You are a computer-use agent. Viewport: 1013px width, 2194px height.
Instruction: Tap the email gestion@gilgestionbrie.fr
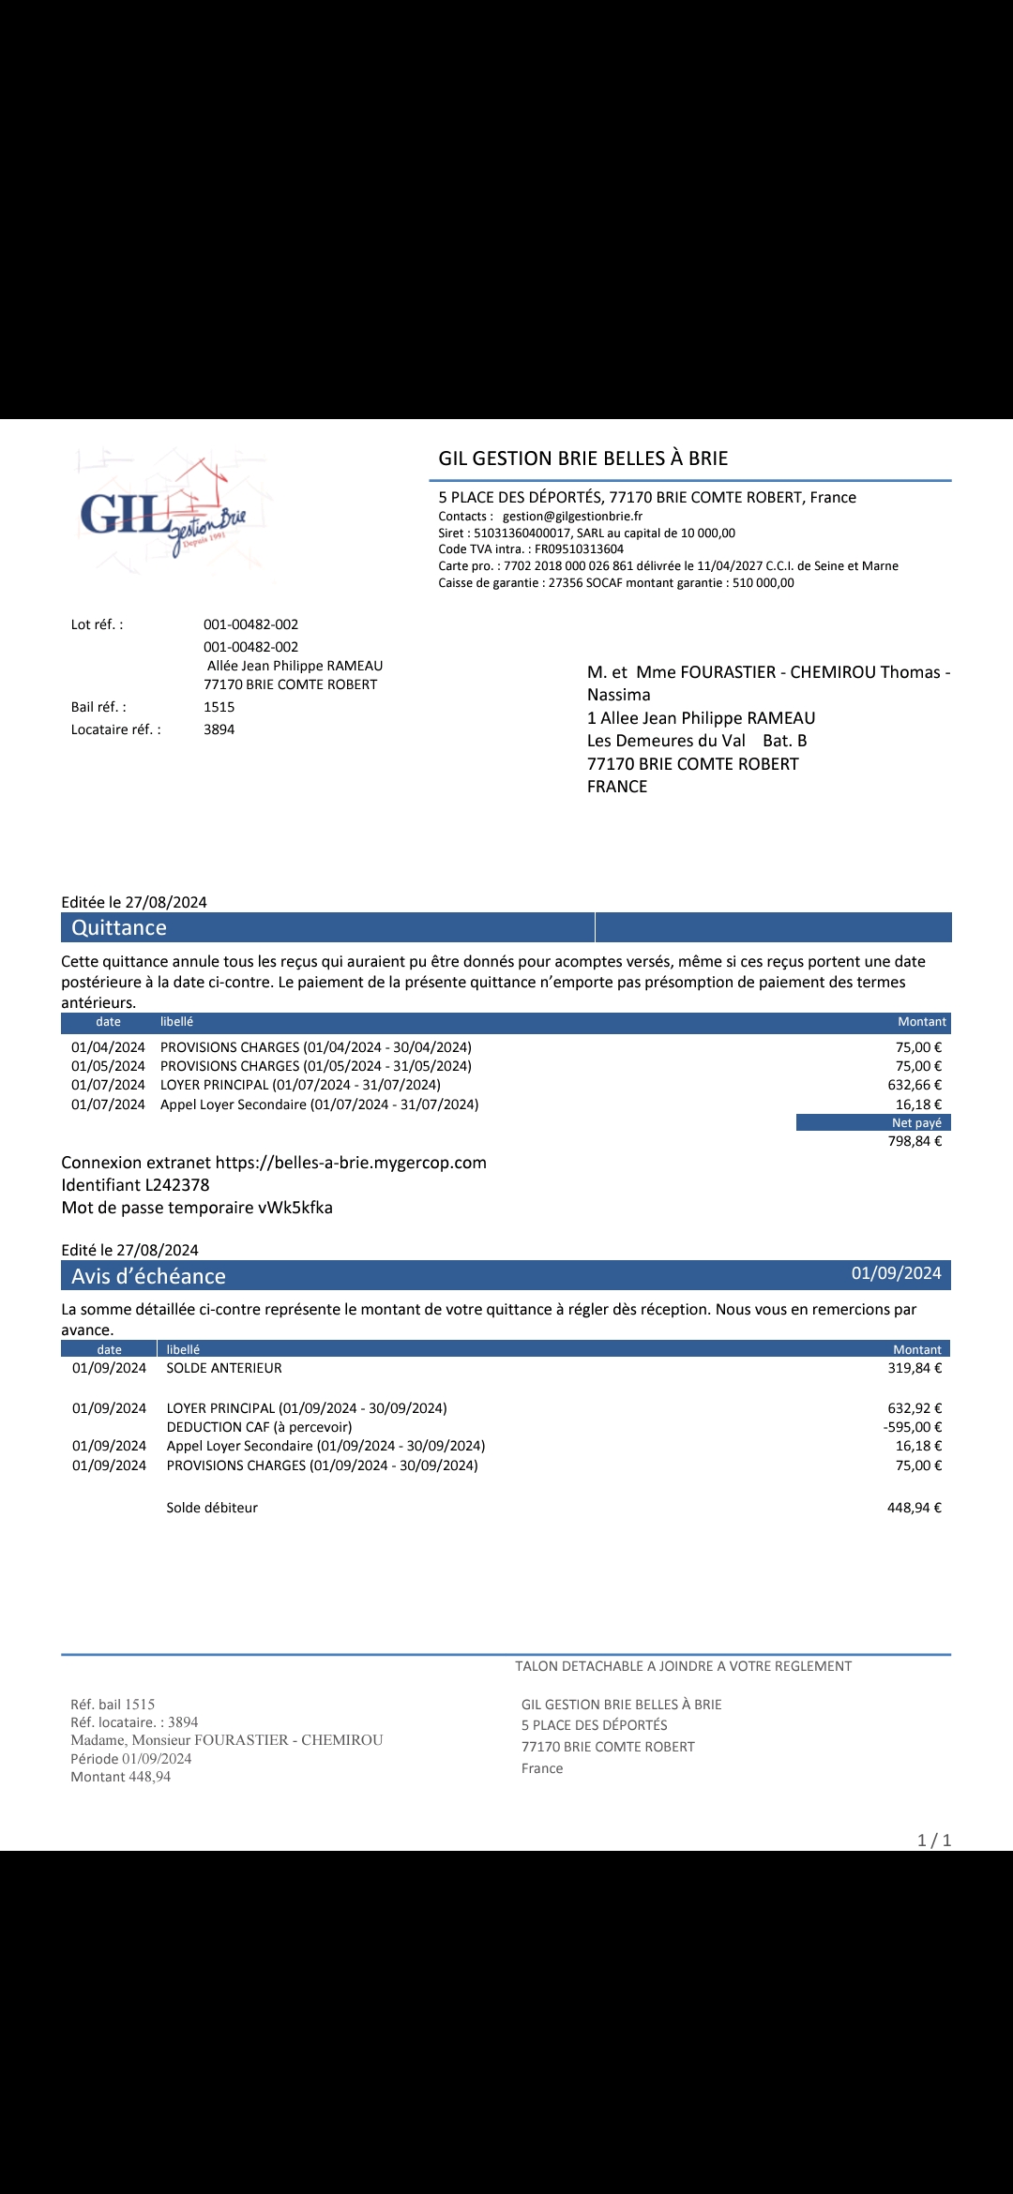[572, 517]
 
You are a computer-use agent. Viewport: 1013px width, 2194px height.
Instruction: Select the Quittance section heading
[119, 927]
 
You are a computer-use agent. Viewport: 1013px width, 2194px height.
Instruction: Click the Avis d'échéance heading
[148, 1276]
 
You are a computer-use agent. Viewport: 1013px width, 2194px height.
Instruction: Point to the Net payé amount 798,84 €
[915, 1141]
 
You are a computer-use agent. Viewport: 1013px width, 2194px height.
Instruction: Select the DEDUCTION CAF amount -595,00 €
[913, 1427]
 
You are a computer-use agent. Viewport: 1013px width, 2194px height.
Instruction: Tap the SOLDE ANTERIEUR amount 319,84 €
[915, 1368]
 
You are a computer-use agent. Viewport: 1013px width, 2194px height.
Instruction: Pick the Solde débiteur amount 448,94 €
[915, 1508]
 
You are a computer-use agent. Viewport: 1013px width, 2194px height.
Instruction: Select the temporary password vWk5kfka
[295, 1208]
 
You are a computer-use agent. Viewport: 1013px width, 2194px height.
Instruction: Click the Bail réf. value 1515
[219, 707]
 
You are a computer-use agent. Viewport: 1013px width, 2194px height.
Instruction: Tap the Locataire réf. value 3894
[219, 729]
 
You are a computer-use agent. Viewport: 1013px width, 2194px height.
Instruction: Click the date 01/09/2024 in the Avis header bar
[896, 1273]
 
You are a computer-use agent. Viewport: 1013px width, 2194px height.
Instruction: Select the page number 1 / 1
[934, 1841]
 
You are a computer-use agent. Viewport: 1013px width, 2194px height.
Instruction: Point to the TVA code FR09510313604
[579, 549]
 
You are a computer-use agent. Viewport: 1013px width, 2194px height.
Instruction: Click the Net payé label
[916, 1123]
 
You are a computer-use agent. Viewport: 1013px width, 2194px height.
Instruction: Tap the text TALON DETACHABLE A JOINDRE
[683, 1666]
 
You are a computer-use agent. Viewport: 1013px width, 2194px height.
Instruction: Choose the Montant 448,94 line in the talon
[121, 1777]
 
